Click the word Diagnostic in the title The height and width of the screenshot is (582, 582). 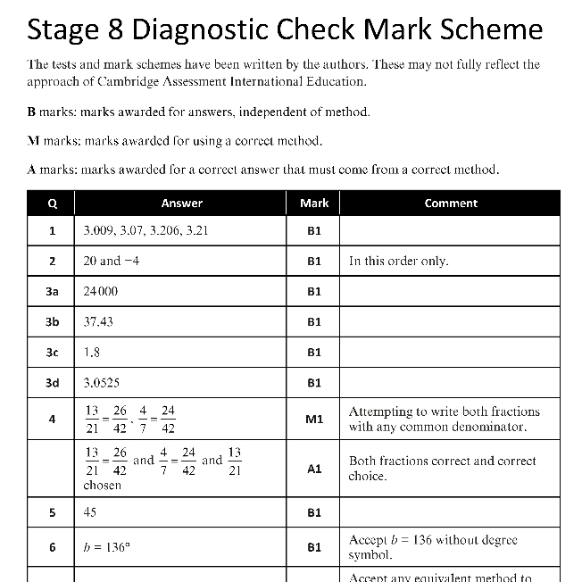tap(212, 29)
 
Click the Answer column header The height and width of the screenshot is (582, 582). tap(182, 204)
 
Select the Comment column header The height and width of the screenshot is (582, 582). tap(451, 204)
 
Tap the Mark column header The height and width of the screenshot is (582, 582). tap(314, 204)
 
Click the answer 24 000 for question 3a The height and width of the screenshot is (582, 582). tap(100, 291)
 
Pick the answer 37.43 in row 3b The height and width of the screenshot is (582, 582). tap(98, 321)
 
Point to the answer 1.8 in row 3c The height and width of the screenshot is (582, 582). tap(91, 352)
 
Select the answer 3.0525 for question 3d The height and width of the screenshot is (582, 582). tap(102, 383)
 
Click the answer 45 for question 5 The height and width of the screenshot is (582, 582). tap(90, 512)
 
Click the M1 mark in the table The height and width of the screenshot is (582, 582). tap(314, 419)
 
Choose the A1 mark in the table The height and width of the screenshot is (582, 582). tap(314, 468)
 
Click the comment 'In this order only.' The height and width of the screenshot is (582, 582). tap(398, 262)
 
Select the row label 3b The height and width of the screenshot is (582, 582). tap(52, 321)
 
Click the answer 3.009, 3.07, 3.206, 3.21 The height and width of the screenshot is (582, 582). tap(145, 230)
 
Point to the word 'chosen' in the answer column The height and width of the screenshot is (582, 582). tap(102, 486)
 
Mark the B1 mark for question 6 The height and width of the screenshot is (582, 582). tap(314, 547)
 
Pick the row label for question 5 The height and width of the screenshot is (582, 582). tap(52, 512)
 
